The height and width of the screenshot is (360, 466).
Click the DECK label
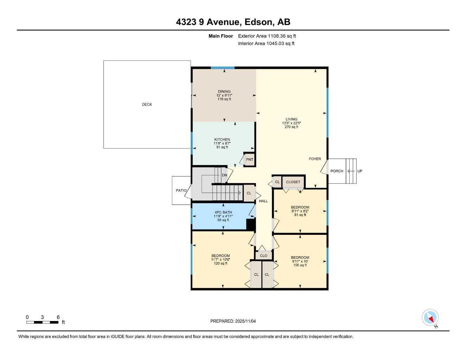pos(147,104)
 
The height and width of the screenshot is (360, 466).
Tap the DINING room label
pos(224,91)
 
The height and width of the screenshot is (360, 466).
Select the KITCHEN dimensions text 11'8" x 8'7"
pos(222,143)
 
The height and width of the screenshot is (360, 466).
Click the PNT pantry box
pos(249,160)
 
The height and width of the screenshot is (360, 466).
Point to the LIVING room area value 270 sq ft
pos(291,127)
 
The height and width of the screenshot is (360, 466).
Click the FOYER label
pos(315,159)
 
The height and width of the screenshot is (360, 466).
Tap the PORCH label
pos(337,171)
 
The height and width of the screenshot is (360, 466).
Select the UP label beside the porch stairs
pos(359,171)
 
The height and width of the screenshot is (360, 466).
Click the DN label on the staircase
pos(224,175)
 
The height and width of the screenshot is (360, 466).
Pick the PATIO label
pos(181,191)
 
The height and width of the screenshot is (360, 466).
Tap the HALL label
pos(263,201)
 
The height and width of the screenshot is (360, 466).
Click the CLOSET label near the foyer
pos(293,182)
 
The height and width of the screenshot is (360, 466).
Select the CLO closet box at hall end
pos(263,256)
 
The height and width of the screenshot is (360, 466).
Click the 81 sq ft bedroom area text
pos(300,215)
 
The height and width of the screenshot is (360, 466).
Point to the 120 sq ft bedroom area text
pos(221,263)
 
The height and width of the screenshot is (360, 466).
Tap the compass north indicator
pos(430,317)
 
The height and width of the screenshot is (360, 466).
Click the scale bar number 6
pos(58,317)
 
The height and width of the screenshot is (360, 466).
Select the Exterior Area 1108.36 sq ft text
pos(267,36)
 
